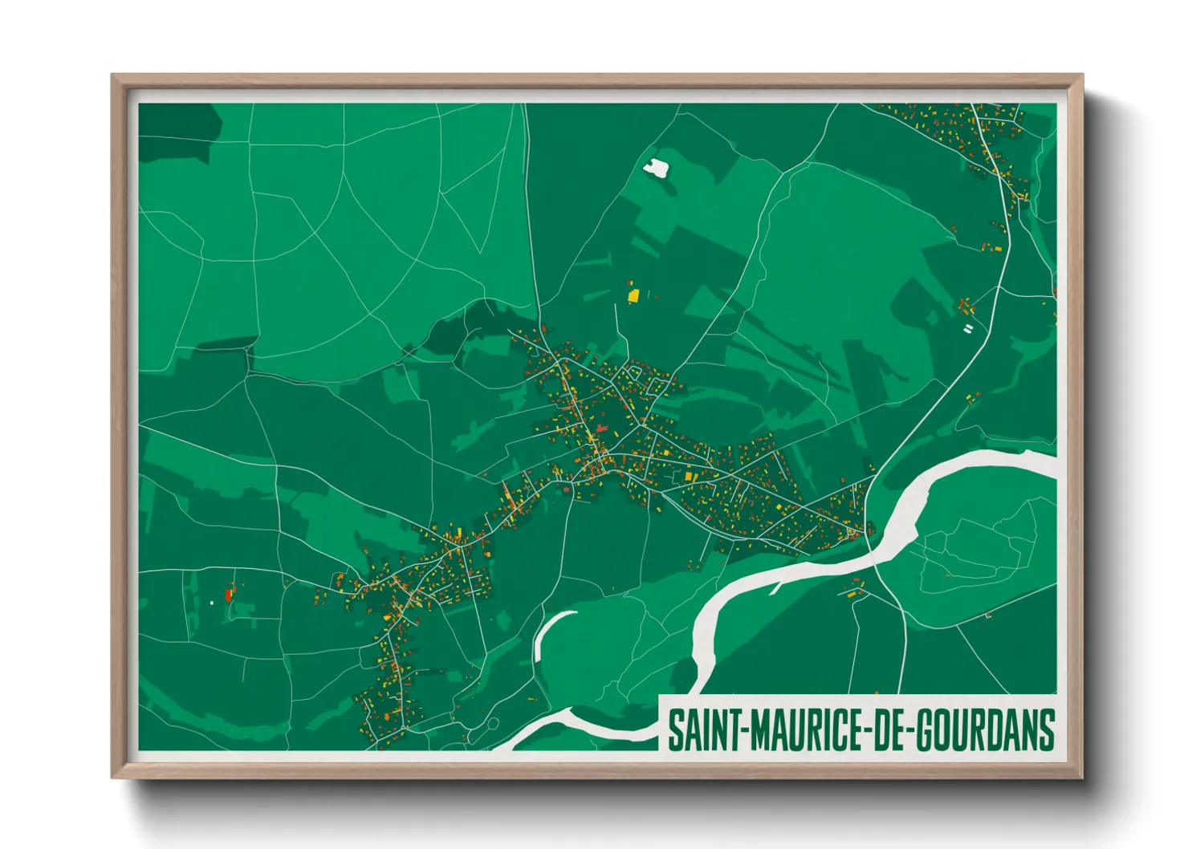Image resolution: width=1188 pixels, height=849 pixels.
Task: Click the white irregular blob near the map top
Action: click(x=657, y=168)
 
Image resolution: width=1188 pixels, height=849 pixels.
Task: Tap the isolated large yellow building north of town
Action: click(x=633, y=295)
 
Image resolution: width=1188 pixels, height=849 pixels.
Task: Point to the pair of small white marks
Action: click(x=968, y=328)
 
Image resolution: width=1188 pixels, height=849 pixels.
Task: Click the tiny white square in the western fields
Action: click(x=212, y=602)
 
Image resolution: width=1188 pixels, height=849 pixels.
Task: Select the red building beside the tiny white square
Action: click(x=229, y=595)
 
